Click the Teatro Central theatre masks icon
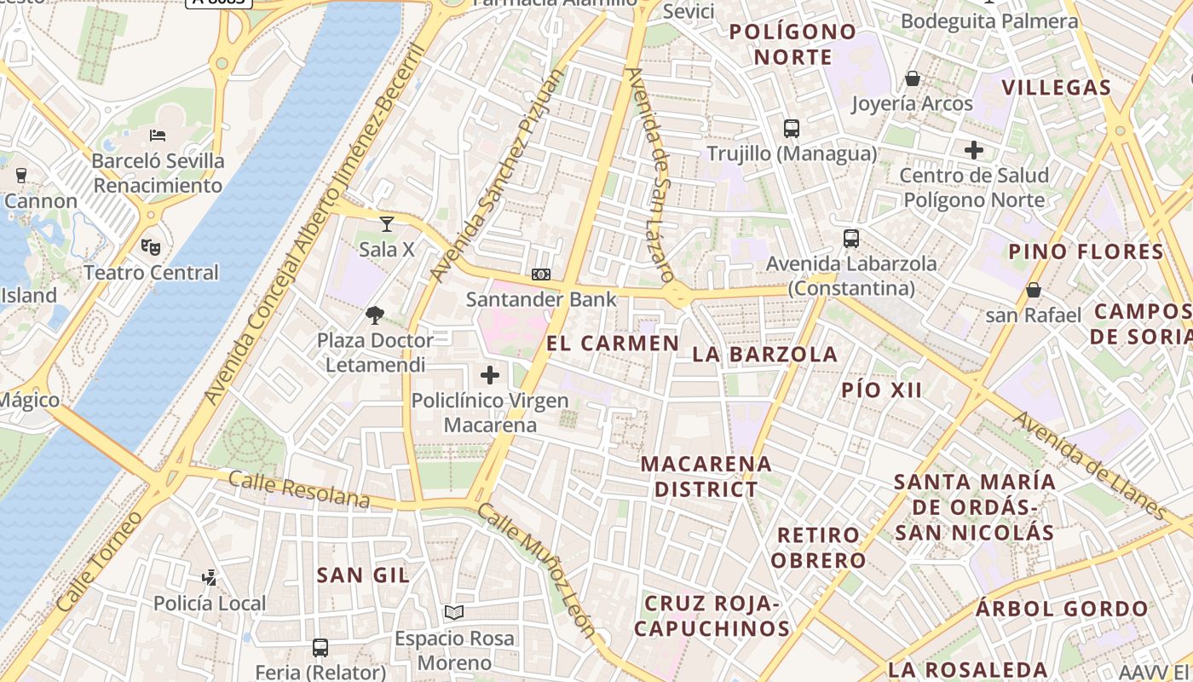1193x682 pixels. click(151, 247)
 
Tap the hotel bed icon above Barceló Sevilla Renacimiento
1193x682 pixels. click(157, 136)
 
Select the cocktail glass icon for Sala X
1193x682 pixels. click(387, 224)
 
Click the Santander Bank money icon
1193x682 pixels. click(541, 275)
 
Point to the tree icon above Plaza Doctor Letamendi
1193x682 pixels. click(375, 315)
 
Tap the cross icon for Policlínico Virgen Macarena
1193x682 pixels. click(490, 374)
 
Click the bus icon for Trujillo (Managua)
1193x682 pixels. click(792, 129)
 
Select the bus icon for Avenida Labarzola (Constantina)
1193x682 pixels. click(850, 239)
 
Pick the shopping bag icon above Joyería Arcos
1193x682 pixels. click(913, 79)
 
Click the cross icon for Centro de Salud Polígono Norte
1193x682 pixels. click(974, 151)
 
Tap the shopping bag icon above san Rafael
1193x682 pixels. click(1034, 290)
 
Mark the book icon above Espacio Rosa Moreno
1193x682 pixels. click(454, 613)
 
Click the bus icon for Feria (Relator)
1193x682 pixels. click(320, 648)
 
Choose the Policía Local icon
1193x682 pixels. click(209, 578)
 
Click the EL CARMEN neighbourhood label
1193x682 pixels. click(613, 344)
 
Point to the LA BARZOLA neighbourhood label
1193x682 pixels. click(765, 355)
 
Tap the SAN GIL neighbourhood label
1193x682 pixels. click(363, 575)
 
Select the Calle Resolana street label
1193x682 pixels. click(299, 489)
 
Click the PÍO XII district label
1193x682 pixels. click(882, 390)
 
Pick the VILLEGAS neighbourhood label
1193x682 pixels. click(1057, 88)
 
